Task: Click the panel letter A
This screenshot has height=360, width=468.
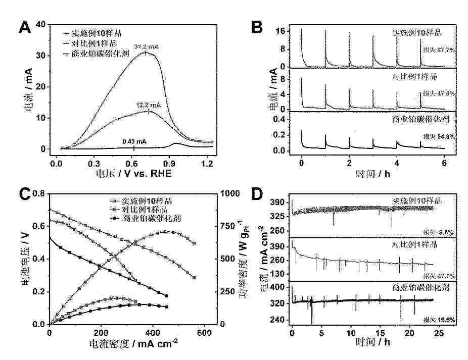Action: (x=26, y=27)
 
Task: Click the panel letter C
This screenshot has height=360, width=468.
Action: (x=26, y=194)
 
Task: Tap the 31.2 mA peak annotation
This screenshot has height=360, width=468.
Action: (x=146, y=47)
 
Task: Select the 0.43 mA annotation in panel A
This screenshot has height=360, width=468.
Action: (x=134, y=142)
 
